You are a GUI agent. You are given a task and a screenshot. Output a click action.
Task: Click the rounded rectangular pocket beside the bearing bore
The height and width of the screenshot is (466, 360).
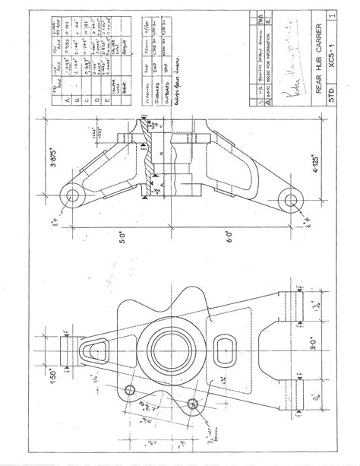click(223, 350)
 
